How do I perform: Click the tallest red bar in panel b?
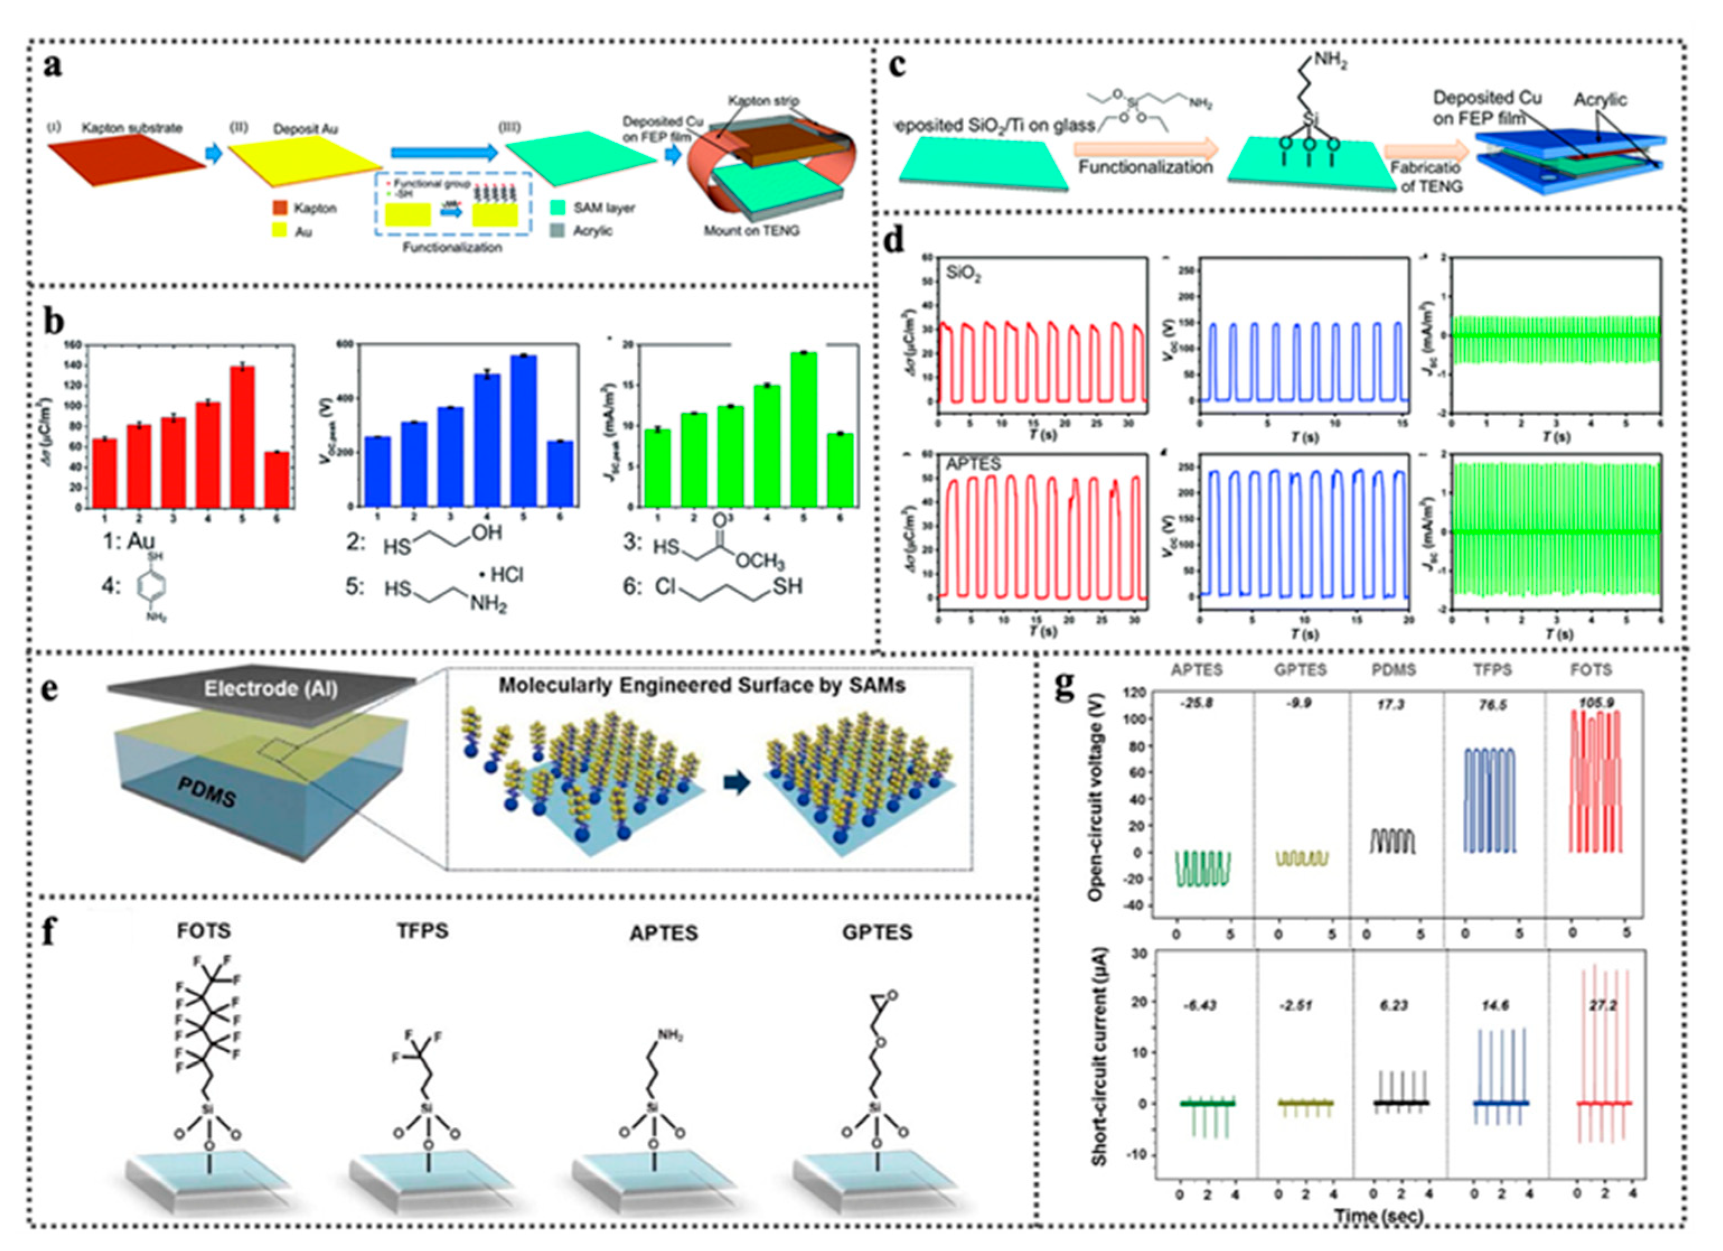[242, 436]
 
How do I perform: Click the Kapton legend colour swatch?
[280, 208]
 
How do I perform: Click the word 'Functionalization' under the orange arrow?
[1145, 167]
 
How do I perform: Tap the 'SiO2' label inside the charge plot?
[963, 274]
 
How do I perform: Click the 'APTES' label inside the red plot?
[973, 464]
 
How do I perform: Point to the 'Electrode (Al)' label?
[270, 689]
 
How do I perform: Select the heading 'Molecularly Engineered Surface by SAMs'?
[702, 685]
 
